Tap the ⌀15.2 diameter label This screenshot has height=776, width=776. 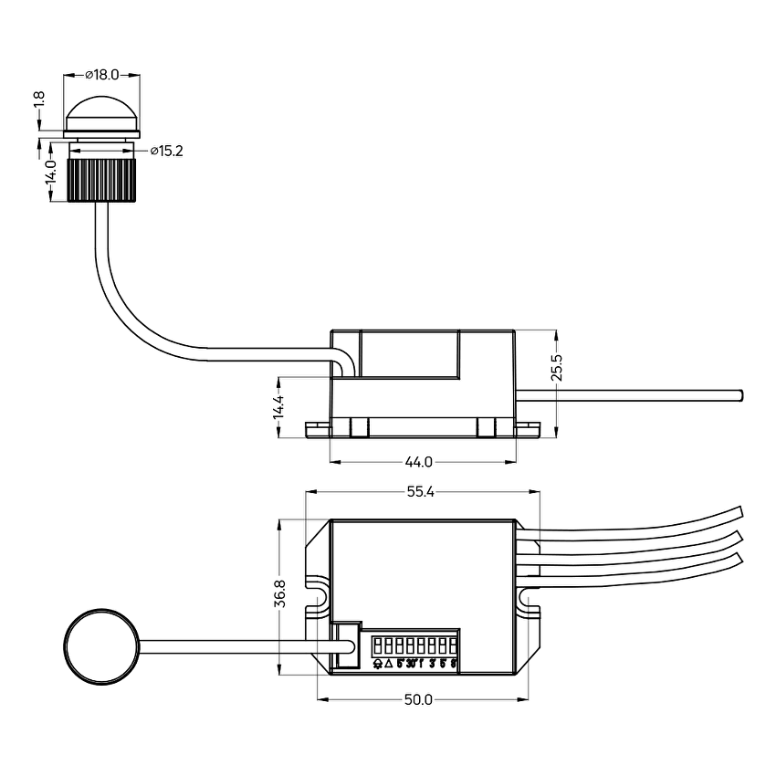coord(166,151)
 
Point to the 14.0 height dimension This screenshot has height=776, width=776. coord(52,180)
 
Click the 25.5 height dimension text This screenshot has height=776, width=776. coord(558,368)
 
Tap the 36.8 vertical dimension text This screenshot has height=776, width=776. coord(280,593)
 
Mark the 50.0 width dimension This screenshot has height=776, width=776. coord(419,700)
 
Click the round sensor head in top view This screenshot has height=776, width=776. coord(101,646)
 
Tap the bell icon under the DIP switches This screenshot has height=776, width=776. coord(378,664)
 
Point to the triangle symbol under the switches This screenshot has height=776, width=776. coord(389,664)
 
